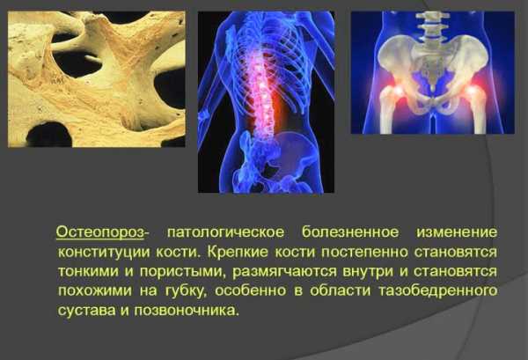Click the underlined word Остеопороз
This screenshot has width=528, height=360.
[100, 232]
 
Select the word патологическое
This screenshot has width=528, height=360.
[225, 232]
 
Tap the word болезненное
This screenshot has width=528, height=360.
[350, 232]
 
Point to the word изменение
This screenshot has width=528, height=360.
[457, 232]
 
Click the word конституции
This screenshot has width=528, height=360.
[104, 253]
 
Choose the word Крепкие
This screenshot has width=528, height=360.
[238, 252]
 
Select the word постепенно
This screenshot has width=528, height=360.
[364, 253]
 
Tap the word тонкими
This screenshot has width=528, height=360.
[88, 271]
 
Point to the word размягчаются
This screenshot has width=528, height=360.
[284, 272]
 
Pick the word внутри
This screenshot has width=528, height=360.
[368, 272]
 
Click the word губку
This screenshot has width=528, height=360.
[185, 291]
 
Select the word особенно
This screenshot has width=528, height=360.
[250, 290]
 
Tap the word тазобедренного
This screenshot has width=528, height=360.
[438, 291]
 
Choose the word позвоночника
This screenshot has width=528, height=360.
[187, 311]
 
